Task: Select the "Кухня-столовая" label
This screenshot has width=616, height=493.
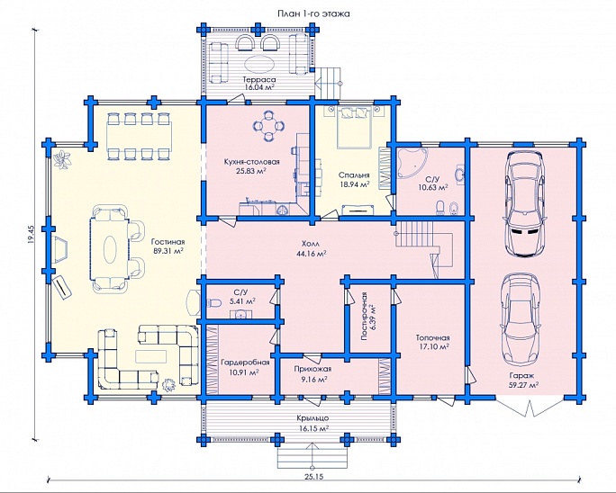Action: [251, 161]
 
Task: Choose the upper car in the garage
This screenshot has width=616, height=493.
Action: [524, 202]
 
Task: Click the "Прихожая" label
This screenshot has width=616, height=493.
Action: [313, 368]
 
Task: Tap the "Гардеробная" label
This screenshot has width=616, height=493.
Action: [240, 362]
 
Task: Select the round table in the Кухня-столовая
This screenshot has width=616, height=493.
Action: [268, 128]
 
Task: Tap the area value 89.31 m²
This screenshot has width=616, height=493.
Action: [168, 252]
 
